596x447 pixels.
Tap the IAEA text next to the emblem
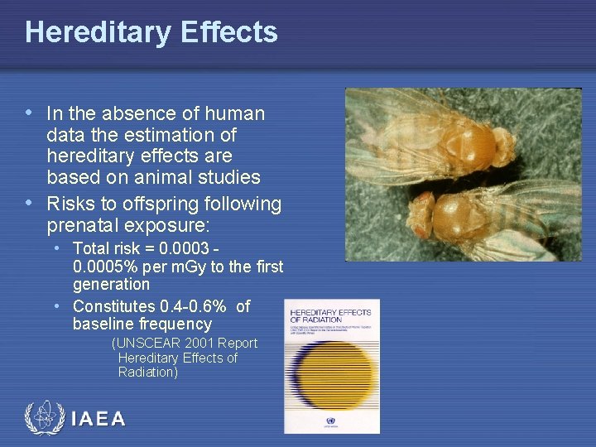pyautogui.click(x=99, y=419)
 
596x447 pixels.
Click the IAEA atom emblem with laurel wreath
pyautogui.click(x=44, y=418)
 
